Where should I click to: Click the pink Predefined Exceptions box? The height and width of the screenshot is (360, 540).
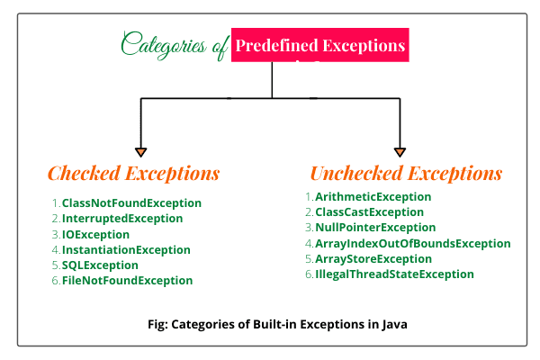[319, 45]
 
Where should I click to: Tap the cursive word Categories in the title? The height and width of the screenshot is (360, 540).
[164, 45]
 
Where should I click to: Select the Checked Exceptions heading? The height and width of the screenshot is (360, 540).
[133, 173]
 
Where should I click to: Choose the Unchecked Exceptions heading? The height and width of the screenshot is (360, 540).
[407, 173]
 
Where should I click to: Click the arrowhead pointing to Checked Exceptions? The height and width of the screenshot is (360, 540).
[141, 152]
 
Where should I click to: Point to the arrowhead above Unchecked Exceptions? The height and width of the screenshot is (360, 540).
[400, 152]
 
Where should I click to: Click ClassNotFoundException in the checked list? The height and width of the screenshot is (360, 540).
[131, 203]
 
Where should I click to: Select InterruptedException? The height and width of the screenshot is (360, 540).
[122, 219]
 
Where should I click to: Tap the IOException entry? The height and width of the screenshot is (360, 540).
[95, 235]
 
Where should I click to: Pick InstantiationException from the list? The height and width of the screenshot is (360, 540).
[126, 250]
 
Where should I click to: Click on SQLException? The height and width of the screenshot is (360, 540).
[100, 265]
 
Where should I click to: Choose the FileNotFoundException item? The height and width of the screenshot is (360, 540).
[127, 281]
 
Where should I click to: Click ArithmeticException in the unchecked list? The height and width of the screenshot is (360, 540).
[373, 197]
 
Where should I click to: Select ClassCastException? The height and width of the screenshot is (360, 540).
[369, 212]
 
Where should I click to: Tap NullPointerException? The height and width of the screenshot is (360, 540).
[375, 228]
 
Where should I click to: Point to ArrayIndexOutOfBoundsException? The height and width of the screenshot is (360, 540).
[412, 244]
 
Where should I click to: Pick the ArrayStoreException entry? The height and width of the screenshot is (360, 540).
[373, 258]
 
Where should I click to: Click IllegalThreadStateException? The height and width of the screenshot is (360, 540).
[394, 274]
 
